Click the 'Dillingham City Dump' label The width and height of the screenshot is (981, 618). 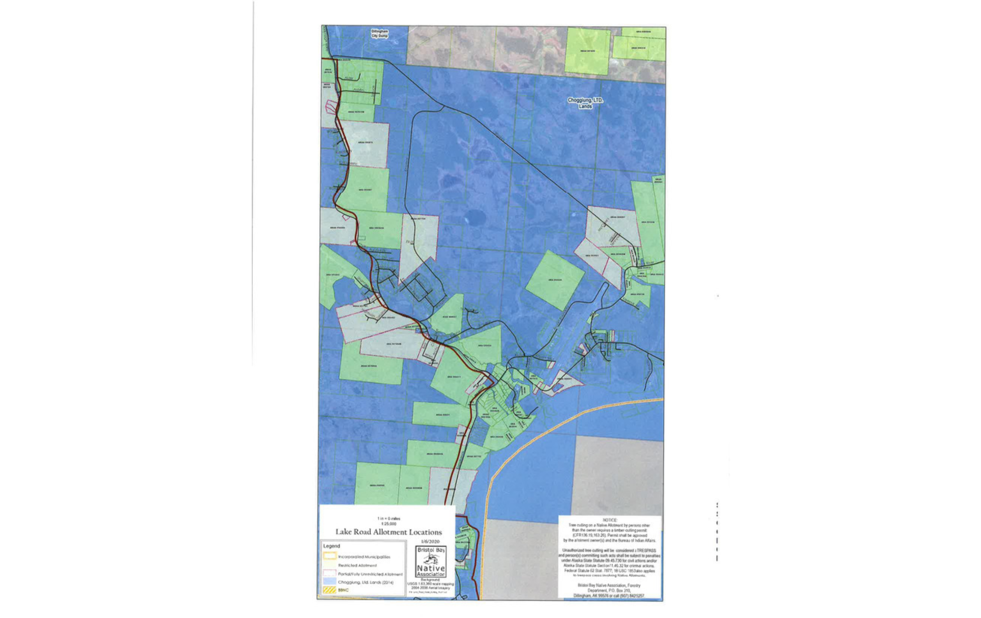[x=380, y=33]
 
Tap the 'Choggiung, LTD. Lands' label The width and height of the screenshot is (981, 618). [x=585, y=103]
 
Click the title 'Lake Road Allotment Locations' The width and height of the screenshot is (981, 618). [x=389, y=532]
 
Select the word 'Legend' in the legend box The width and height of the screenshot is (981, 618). [x=332, y=546]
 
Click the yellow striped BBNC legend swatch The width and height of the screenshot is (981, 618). [x=330, y=590]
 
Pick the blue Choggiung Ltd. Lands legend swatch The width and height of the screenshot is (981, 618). [x=330, y=582]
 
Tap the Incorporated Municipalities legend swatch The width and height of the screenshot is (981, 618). [x=330, y=556]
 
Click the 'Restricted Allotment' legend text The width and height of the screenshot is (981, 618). [x=357, y=565]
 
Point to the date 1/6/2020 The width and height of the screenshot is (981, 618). [x=431, y=541]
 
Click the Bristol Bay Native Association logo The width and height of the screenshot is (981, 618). [x=431, y=562]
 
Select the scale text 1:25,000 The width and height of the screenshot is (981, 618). [x=389, y=524]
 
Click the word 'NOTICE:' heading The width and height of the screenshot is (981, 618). [x=610, y=520]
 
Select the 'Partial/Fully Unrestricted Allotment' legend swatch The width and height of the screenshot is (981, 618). [x=330, y=574]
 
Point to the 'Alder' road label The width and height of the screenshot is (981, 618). [x=349, y=78]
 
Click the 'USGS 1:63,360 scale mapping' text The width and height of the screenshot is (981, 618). [x=431, y=583]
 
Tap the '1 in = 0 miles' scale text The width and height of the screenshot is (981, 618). [x=389, y=519]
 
